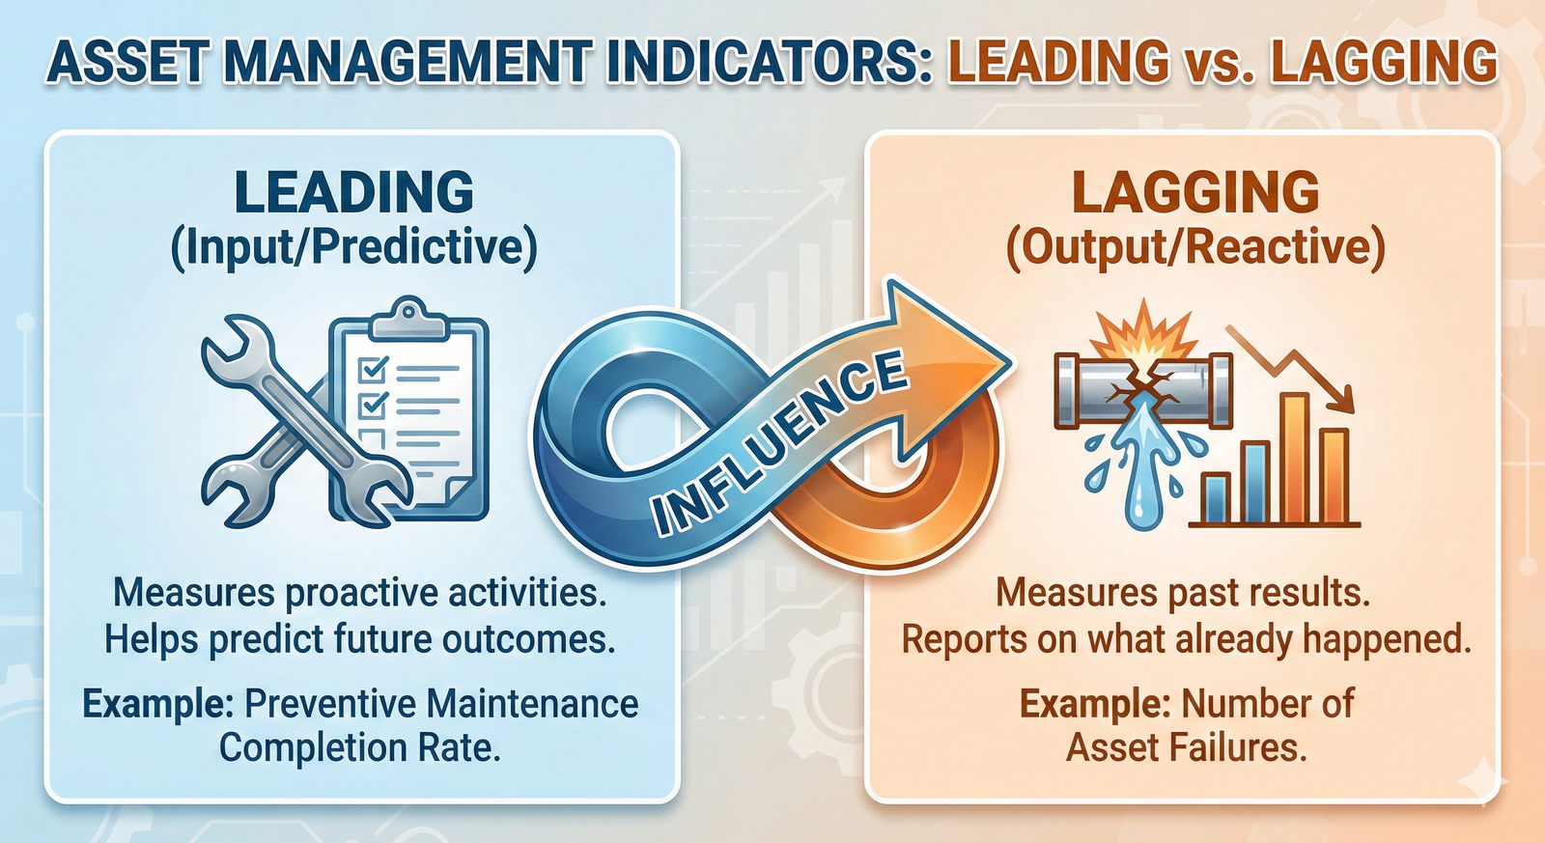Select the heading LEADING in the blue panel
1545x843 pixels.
pos(354,192)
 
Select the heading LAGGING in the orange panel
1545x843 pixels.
pos(1195,192)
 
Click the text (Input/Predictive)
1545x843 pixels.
pos(354,247)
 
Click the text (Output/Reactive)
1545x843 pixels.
pos(1195,247)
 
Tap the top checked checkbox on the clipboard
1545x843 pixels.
pos(373,369)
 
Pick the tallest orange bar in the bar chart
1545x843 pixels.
pos(1293,458)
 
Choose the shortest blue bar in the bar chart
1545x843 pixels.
pos(1216,498)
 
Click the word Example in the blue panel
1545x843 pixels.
pos(156,704)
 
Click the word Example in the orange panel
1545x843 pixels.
pos(1094,704)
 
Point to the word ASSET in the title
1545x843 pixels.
pos(126,62)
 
